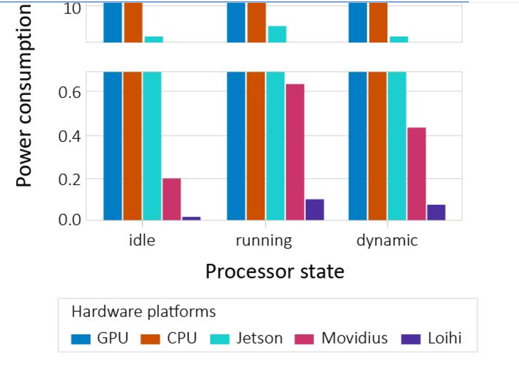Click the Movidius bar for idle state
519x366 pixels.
coord(172,199)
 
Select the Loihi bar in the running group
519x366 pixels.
coord(315,209)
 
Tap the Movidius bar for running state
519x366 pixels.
coord(295,152)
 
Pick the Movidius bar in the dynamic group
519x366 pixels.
coord(417,173)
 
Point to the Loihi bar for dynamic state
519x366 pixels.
coord(436,212)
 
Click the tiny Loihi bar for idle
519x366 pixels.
coord(191,218)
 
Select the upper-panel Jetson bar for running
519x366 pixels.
coord(277,34)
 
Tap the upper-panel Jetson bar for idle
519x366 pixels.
coord(154,39)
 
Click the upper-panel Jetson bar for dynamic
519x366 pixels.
coord(399,39)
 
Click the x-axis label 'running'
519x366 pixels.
coord(264,241)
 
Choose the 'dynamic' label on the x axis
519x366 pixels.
coord(387,241)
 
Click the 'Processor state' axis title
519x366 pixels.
coord(275,272)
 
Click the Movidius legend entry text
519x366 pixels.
coord(354,338)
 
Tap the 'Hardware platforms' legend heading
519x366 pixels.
coord(144,312)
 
